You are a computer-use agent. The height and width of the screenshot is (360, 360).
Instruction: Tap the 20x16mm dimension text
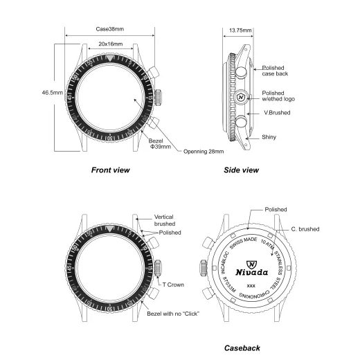click(x=111, y=44)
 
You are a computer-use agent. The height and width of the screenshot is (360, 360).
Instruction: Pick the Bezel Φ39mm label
click(x=160, y=142)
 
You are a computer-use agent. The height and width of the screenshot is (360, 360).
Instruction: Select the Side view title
click(x=241, y=170)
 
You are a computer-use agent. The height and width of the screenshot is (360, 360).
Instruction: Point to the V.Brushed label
click(x=276, y=112)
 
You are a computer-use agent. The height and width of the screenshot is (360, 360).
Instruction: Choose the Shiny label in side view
click(x=269, y=137)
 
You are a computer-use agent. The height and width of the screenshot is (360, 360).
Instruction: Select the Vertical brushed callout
click(x=165, y=220)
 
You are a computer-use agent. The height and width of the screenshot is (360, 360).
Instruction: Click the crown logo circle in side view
click(x=240, y=98)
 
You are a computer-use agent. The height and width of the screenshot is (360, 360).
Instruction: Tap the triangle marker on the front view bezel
click(x=110, y=60)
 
